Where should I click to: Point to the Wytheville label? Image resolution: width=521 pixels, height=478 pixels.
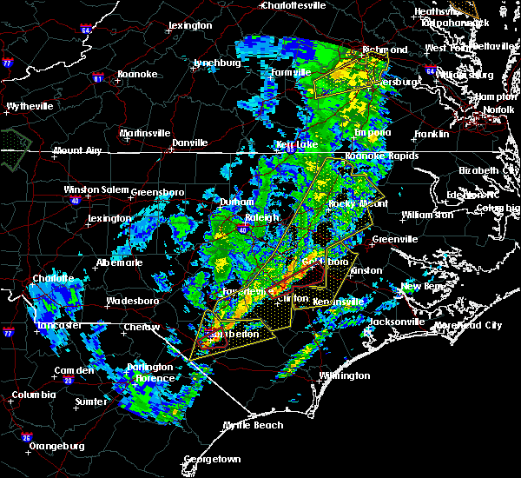30,106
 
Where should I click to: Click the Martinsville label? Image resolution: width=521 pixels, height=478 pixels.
145,133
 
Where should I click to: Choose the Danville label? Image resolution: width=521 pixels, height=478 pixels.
190,143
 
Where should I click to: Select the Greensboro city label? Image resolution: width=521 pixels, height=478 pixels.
162,192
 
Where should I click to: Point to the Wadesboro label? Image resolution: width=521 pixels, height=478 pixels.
132,302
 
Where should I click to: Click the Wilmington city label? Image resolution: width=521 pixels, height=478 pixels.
343,376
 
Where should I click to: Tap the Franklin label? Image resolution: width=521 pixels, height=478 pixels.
432,135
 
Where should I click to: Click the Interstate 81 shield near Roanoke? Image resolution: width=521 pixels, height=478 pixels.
97,77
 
